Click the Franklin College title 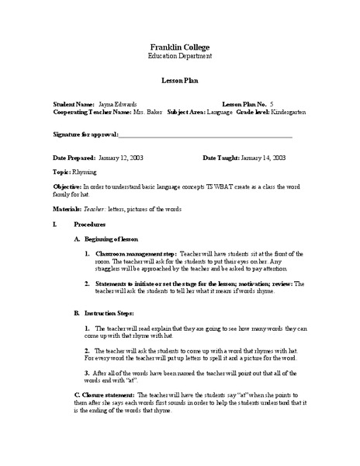179,47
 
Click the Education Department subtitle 179,57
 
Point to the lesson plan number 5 271,103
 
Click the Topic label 61,171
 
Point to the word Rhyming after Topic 85,171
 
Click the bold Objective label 67,187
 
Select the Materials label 67,210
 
